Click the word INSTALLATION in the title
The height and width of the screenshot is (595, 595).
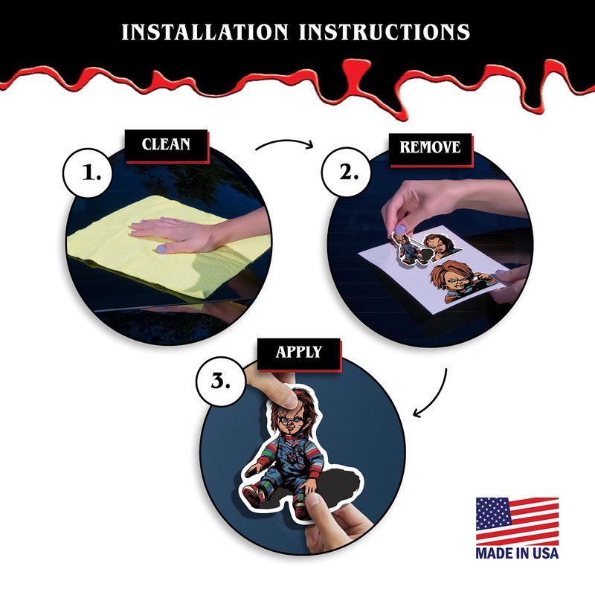pos(205,32)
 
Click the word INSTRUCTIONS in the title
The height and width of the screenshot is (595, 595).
pos(385,32)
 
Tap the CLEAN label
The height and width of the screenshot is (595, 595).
pos(166,144)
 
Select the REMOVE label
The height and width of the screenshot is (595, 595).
pos(430,147)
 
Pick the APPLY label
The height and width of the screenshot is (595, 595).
pos(299,352)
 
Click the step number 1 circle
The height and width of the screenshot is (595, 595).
pos(88,173)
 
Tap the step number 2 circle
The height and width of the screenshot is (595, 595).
pos(347,172)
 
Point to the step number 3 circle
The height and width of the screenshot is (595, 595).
pos(221,381)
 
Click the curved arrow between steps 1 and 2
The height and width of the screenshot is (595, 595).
pos(285,141)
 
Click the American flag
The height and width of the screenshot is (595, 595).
pos(517,522)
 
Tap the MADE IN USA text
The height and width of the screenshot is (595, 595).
pos(517,553)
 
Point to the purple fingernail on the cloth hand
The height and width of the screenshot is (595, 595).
pos(161,249)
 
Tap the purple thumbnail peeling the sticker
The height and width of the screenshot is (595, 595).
pos(400,229)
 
